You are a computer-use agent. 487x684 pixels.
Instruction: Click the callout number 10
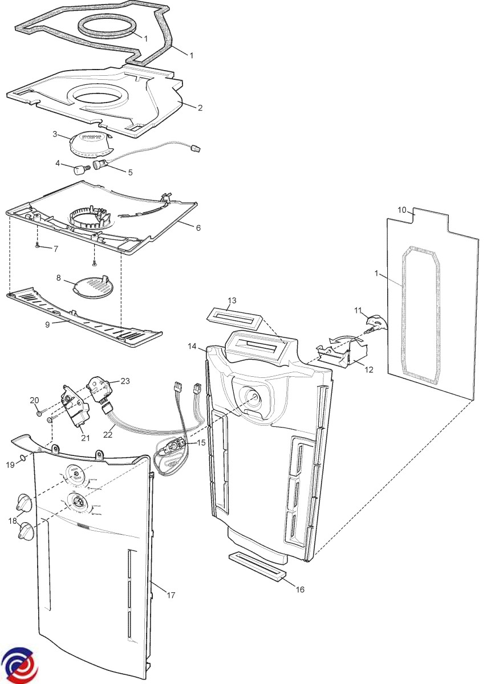(x=402, y=210)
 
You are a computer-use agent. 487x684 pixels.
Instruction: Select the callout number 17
(x=171, y=595)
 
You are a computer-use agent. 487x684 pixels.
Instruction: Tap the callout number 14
(x=192, y=346)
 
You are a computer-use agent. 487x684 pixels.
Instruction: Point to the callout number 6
(x=198, y=227)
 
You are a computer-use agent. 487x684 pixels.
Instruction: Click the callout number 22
(x=107, y=434)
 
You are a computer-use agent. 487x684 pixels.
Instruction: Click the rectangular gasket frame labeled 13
(x=234, y=313)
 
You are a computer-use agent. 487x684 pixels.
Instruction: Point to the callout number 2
(x=200, y=107)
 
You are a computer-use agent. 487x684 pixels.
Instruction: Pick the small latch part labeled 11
(x=374, y=323)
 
